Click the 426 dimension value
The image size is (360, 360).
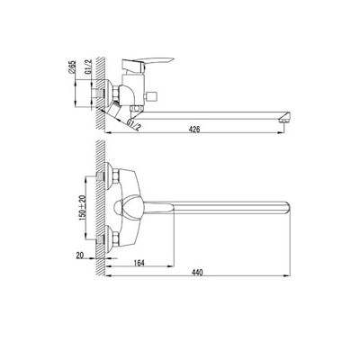194,130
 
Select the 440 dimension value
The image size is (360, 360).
197,273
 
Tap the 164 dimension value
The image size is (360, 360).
139,263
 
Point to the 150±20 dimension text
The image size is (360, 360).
82,208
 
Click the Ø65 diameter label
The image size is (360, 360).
71,67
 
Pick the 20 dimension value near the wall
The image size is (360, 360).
79,256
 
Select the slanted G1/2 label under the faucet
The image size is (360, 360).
134,125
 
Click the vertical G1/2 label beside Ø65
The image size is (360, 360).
88,67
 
